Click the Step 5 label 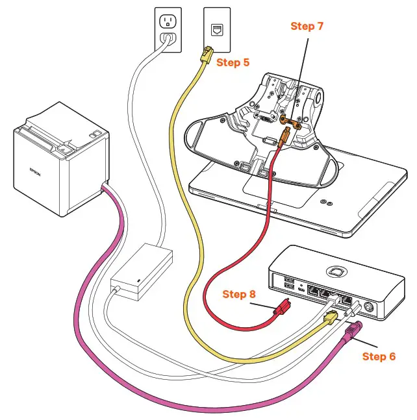[233, 63]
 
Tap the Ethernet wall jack [216, 29]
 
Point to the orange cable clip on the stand [290, 121]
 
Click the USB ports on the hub [289, 284]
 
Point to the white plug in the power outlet [168, 40]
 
